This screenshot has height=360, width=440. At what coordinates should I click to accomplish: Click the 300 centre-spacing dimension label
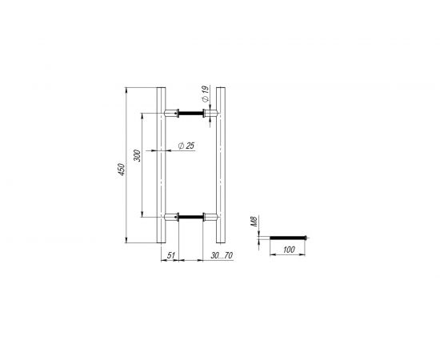[138, 157]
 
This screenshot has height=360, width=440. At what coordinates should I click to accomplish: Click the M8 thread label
[254, 220]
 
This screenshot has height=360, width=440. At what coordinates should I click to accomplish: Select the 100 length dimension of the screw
[289, 251]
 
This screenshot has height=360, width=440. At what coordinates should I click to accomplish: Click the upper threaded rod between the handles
[190, 114]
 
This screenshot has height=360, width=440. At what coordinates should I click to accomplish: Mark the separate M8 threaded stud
[289, 237]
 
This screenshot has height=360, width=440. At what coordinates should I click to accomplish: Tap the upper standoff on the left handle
[170, 114]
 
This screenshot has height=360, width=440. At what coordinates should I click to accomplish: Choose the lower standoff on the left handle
[170, 216]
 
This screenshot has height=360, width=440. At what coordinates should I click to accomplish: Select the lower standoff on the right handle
[210, 216]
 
